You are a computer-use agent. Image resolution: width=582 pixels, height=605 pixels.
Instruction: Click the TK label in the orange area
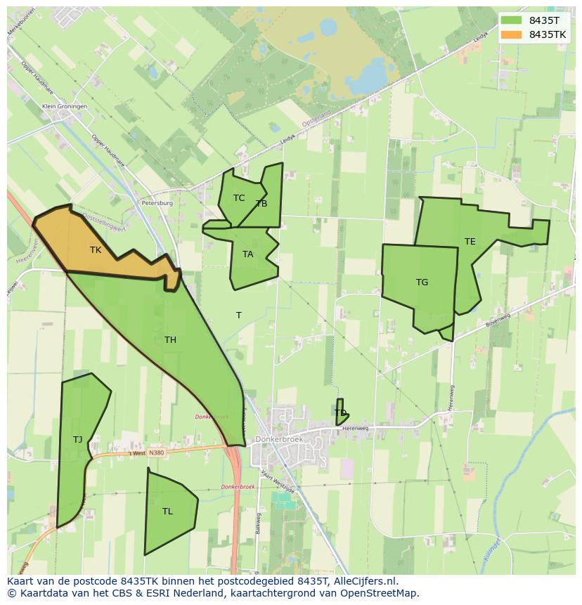[x=96, y=249]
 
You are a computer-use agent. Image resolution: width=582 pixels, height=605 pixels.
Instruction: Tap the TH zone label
[x=170, y=340]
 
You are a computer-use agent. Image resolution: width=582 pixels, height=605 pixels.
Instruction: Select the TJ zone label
[x=77, y=440]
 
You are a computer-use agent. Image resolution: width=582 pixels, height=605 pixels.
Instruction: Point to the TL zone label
[x=167, y=512]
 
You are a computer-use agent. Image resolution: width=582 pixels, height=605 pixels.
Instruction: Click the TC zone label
[x=239, y=198]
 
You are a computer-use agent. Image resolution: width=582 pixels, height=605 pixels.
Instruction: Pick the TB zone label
[x=261, y=204]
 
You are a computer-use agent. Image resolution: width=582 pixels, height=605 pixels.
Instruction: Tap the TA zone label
[x=247, y=254]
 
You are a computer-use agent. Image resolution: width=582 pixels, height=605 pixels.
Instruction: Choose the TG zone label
[x=422, y=282]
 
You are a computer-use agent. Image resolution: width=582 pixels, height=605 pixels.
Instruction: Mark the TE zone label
[x=470, y=242]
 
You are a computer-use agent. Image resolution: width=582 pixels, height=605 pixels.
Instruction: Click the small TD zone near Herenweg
[x=341, y=412]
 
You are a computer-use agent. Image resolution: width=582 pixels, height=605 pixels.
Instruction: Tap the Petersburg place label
[x=157, y=203]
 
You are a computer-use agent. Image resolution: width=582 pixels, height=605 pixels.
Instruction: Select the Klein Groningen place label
[x=65, y=106]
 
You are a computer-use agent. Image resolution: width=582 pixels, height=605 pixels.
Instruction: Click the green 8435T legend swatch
[x=512, y=20]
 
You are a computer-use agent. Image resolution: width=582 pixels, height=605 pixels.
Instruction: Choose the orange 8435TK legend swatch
[x=512, y=34]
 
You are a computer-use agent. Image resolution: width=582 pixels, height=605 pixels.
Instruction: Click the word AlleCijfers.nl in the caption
[x=365, y=581]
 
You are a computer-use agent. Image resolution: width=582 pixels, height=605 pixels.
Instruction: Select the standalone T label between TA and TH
[x=238, y=315]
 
